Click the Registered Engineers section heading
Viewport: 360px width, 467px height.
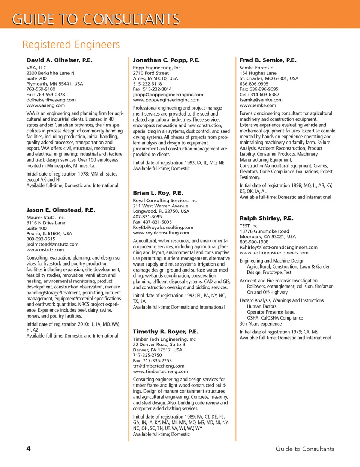point(71,45)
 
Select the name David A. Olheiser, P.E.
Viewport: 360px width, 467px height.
point(59,60)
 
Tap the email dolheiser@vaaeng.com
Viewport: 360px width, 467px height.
point(51,100)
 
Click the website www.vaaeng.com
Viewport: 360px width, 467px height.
point(45,105)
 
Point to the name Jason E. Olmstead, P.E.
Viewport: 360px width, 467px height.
point(61,210)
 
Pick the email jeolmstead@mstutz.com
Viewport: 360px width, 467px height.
point(52,244)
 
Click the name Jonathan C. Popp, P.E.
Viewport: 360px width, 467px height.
point(166,60)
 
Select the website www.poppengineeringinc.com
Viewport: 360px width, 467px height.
point(166,100)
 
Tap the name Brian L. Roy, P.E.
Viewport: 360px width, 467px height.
point(158,193)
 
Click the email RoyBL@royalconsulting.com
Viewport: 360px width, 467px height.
point(163,227)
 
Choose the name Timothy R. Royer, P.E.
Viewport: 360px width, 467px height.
point(166,332)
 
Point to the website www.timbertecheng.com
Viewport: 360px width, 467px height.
point(160,371)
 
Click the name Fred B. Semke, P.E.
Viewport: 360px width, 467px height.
point(268,60)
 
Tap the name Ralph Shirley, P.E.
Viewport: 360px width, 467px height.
point(267,218)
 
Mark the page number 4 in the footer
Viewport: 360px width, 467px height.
point(28,449)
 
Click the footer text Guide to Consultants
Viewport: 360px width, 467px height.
point(305,449)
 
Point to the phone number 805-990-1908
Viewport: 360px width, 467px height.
point(254,242)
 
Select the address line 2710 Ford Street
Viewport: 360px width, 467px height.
point(151,73)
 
